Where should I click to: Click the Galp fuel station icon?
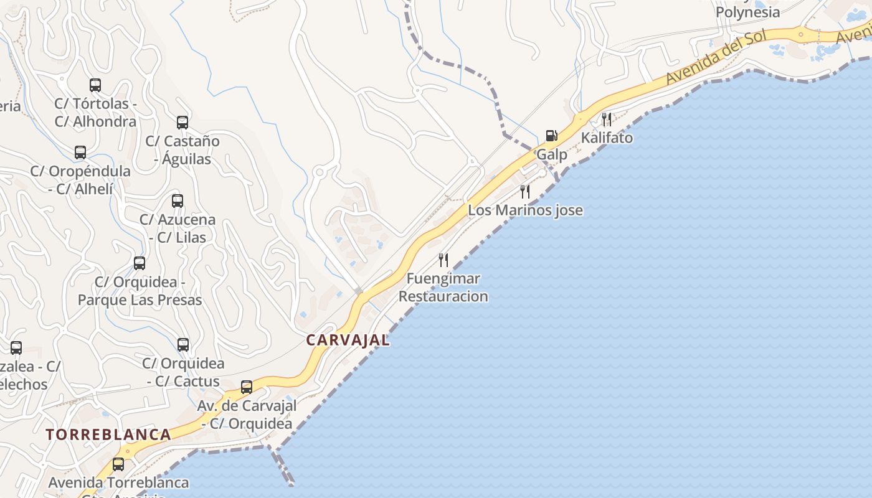(x=551, y=135)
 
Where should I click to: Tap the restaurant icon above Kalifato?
(x=607, y=118)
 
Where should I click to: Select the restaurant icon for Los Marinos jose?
(x=525, y=191)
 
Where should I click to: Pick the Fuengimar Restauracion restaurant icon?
(x=443, y=260)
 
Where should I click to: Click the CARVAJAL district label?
(x=348, y=340)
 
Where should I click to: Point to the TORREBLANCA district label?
(x=108, y=435)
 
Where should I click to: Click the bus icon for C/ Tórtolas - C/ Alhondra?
(x=95, y=85)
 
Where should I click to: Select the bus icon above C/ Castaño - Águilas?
(x=182, y=123)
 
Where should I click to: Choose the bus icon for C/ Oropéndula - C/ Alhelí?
(x=80, y=153)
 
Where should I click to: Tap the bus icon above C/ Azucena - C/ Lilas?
(x=178, y=201)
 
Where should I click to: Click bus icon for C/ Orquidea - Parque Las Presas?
(x=140, y=263)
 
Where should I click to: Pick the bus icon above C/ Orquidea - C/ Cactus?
(x=183, y=345)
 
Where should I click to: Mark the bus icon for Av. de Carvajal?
(x=247, y=387)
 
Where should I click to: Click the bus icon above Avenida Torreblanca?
(x=118, y=464)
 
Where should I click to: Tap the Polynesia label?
(x=747, y=12)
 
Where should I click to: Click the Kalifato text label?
(x=607, y=138)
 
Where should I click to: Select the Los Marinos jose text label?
(x=525, y=210)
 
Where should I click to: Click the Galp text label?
(x=552, y=154)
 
